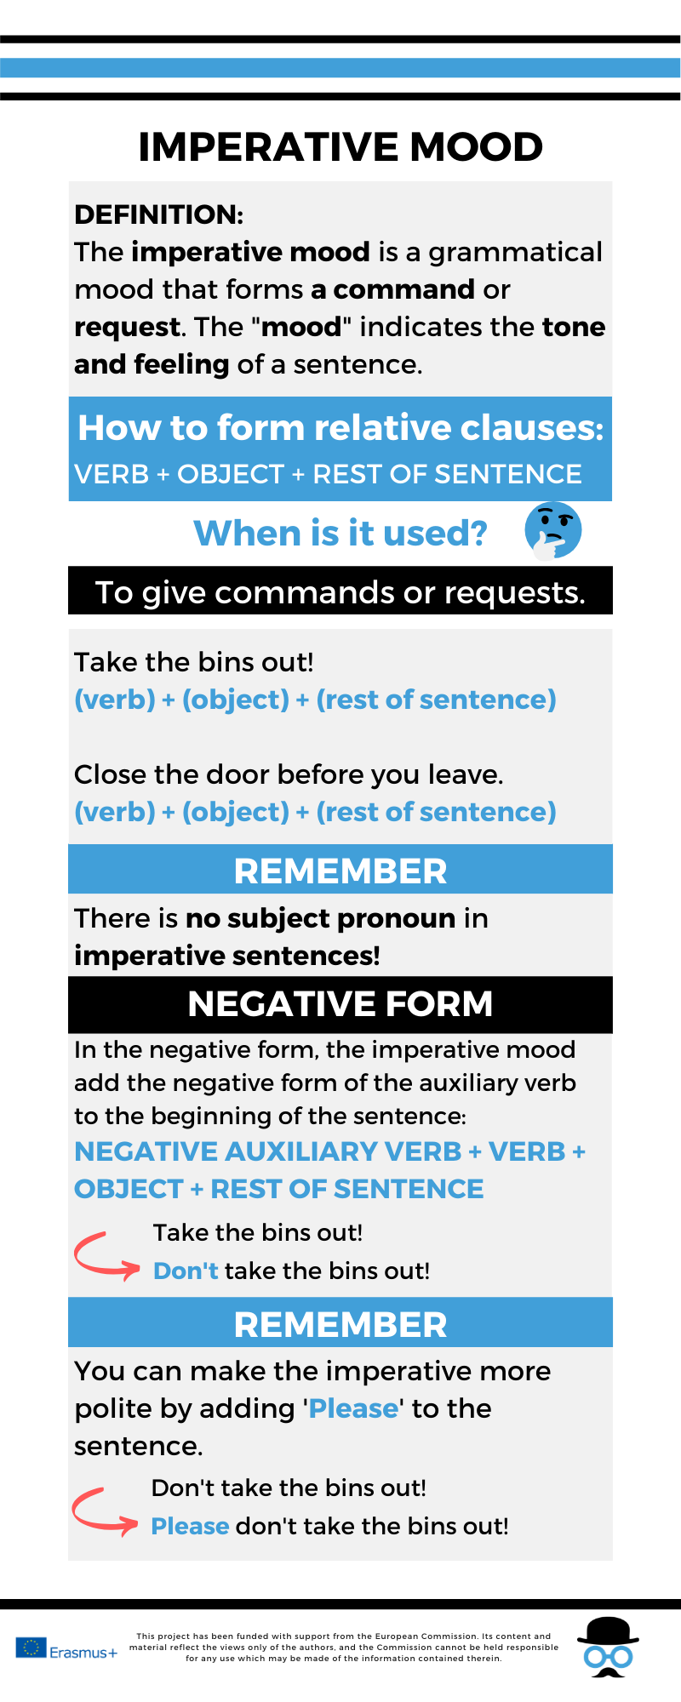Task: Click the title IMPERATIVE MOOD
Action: point(340,147)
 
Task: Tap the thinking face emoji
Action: point(553,530)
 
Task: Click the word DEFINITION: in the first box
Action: point(159,214)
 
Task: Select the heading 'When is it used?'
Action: point(340,534)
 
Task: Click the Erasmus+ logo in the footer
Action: point(66,1648)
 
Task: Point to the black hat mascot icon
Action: point(608,1647)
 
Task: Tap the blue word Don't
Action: point(186,1271)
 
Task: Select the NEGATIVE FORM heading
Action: point(340,1004)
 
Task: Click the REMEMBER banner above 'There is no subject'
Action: point(340,871)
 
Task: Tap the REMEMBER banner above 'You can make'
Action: point(340,1324)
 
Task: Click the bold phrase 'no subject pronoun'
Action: point(320,918)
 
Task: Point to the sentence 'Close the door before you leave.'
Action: point(289,774)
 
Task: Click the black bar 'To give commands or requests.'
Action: point(340,592)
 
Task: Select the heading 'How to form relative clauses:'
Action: point(340,428)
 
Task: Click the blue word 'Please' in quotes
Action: point(353,1408)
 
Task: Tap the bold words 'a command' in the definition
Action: point(392,289)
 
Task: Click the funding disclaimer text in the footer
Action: point(344,1647)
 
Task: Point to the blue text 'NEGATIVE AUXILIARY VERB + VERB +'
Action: point(329,1151)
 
